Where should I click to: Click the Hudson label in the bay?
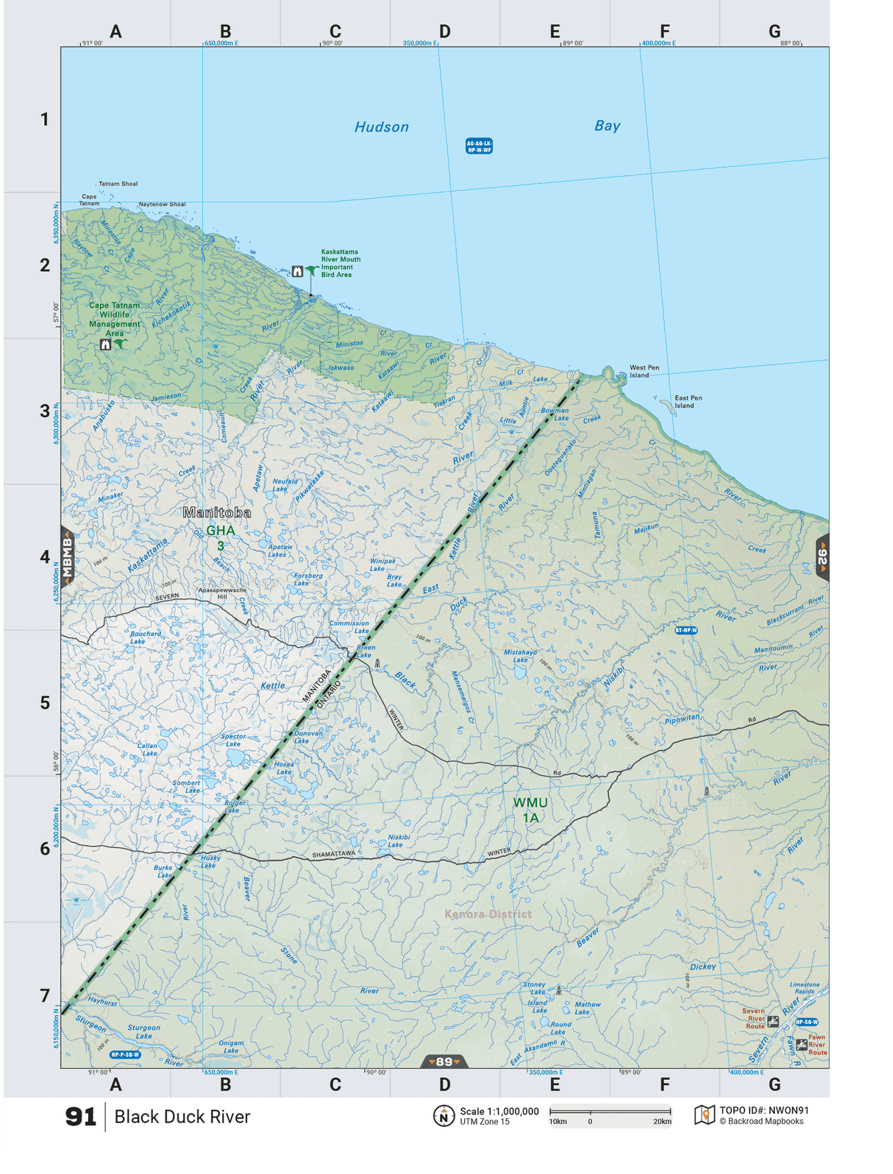pos(381,127)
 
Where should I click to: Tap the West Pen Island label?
pos(644,372)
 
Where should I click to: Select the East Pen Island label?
pos(688,402)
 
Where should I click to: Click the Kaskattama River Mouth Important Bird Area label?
pos(341,264)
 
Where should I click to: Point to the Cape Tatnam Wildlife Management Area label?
pos(114,319)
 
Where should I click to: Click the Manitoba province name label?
pos(216,512)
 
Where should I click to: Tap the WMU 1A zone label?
pos(530,810)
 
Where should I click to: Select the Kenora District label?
pos(488,914)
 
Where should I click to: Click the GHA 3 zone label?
pos(220,537)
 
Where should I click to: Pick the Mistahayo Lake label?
pos(520,656)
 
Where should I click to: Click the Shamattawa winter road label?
pos(333,855)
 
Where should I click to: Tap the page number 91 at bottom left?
pos(80,1117)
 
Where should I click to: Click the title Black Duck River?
pos(182,1117)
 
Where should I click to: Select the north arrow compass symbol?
pos(444,1117)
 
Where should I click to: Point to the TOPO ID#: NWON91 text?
pos(764,1111)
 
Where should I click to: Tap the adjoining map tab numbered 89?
pos(444,1061)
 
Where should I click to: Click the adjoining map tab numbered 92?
pos(822,557)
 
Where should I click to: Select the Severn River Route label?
pos(755,1019)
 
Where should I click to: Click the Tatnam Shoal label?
pos(118,184)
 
